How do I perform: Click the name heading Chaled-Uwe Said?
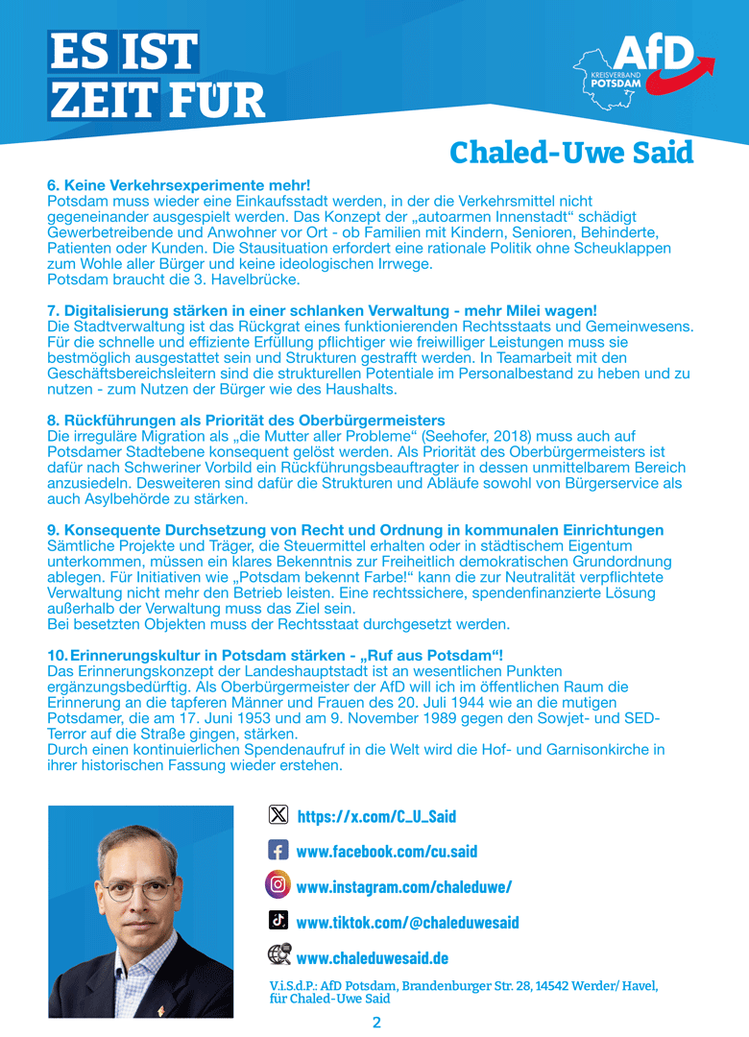click(571, 153)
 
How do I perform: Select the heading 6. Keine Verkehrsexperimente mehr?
click(179, 184)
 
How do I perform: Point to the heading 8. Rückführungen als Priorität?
click(246, 420)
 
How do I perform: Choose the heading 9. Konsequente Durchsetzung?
click(355, 530)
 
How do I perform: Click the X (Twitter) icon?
click(278, 815)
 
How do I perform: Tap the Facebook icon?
click(278, 851)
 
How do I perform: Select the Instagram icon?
click(278, 885)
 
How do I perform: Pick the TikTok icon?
click(278, 921)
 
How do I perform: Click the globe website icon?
click(278, 956)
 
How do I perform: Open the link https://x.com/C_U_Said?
click(376, 816)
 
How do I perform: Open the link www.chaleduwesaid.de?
click(373, 957)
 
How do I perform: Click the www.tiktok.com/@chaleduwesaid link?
click(407, 922)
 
